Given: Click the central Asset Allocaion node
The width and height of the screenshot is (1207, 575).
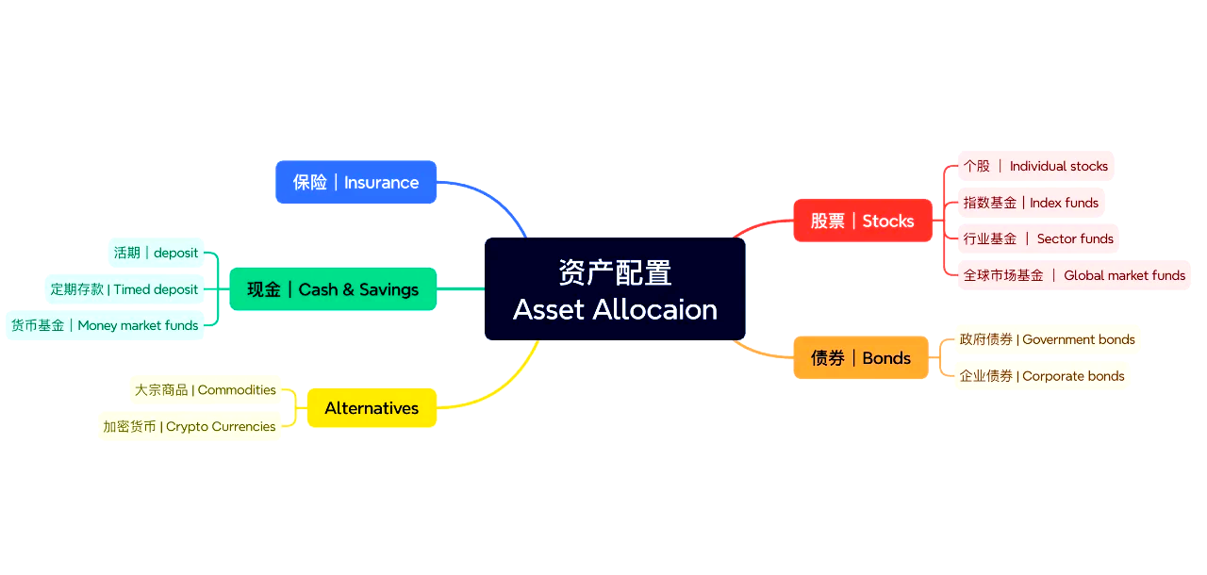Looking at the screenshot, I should point(615,288).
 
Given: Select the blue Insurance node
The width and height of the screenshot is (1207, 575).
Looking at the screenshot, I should point(355,182).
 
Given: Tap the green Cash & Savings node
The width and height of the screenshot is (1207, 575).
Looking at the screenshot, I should point(333,289).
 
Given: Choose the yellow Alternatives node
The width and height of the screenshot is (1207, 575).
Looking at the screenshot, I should point(372,408).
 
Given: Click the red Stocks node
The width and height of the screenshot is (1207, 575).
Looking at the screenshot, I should point(862,221).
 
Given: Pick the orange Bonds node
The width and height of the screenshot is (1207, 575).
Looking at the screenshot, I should point(860,358).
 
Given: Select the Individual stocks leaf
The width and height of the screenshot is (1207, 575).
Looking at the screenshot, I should point(1035,166).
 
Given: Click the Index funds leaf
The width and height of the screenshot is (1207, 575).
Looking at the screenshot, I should point(1030,203).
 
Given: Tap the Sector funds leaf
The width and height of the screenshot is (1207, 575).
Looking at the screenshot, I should point(1037,238).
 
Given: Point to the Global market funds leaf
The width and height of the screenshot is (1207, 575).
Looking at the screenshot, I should point(1073,275).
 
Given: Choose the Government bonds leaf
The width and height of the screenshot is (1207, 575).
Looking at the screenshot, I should point(1047,339).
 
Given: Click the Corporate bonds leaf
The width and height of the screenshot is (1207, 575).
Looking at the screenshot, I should point(1041,376).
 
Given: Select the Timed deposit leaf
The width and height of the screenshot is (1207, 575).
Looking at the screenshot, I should point(124,289).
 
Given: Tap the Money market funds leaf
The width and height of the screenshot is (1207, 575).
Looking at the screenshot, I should point(105,325).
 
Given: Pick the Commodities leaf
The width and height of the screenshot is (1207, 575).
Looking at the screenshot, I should point(206,389).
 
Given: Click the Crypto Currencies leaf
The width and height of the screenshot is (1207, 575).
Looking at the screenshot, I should point(190,426).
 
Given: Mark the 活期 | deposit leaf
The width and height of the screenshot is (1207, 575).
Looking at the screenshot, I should point(156,253).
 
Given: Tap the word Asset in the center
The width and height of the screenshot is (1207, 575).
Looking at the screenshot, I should point(549,309).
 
